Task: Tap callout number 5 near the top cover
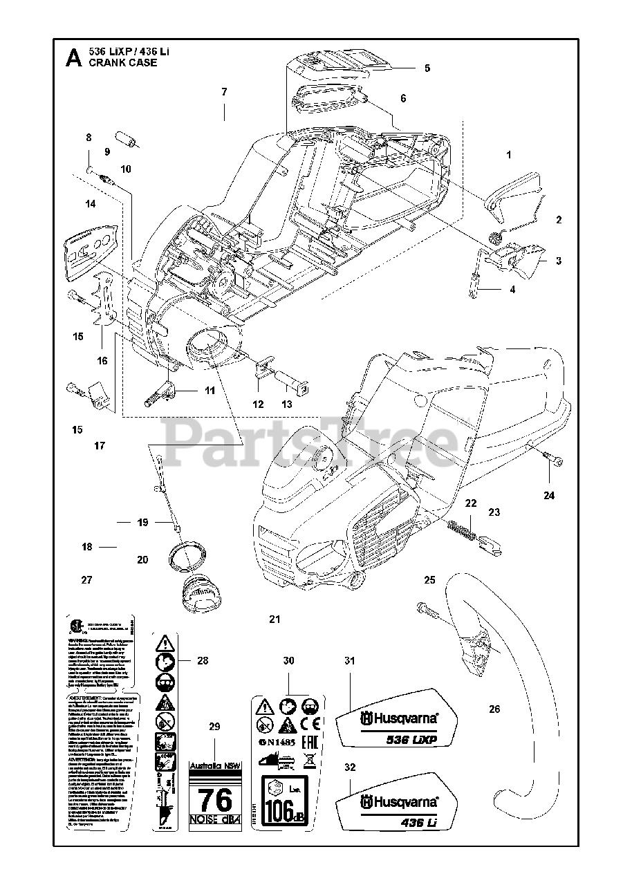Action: [427, 68]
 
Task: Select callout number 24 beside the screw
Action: [549, 495]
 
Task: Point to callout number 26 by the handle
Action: [494, 709]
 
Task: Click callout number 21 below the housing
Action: [275, 619]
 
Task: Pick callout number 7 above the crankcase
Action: [224, 91]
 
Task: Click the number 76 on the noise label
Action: [215, 801]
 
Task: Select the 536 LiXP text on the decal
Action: [413, 740]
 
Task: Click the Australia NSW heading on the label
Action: [215, 765]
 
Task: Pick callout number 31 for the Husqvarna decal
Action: [349, 661]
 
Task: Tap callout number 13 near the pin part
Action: [286, 404]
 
